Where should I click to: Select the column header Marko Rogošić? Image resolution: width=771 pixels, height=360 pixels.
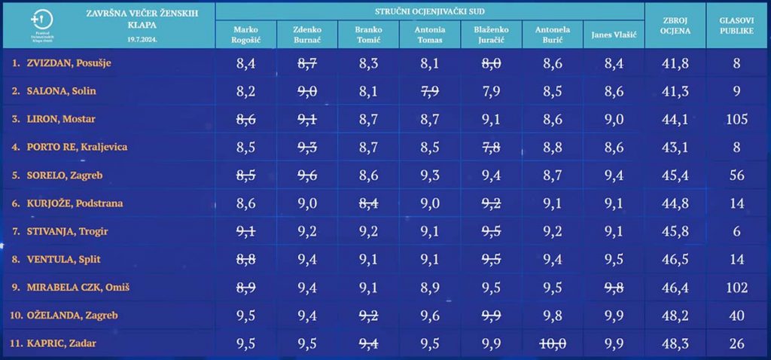pyautogui.click(x=245, y=35)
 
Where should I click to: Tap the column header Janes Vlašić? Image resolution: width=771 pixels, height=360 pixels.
pyautogui.click(x=614, y=35)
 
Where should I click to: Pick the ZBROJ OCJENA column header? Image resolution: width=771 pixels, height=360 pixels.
pyautogui.click(x=675, y=29)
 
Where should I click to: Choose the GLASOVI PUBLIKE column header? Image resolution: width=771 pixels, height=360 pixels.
pyautogui.click(x=737, y=29)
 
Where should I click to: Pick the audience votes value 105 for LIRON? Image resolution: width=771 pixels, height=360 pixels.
pyautogui.click(x=737, y=119)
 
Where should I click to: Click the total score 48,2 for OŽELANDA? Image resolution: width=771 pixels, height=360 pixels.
pyautogui.click(x=675, y=315)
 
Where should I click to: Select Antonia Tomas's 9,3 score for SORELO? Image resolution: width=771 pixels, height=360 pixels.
pyautogui.click(x=429, y=175)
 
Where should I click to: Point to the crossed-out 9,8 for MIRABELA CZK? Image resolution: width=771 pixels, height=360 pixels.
pyautogui.click(x=614, y=287)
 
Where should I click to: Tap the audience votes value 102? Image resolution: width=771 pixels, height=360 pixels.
pyautogui.click(x=737, y=287)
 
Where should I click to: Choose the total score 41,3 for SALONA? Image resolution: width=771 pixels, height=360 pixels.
pyautogui.click(x=675, y=91)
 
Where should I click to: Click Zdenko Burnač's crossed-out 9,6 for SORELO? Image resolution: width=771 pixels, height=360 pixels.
pyautogui.click(x=307, y=175)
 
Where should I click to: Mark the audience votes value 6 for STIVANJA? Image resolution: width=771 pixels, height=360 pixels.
pyautogui.click(x=737, y=231)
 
